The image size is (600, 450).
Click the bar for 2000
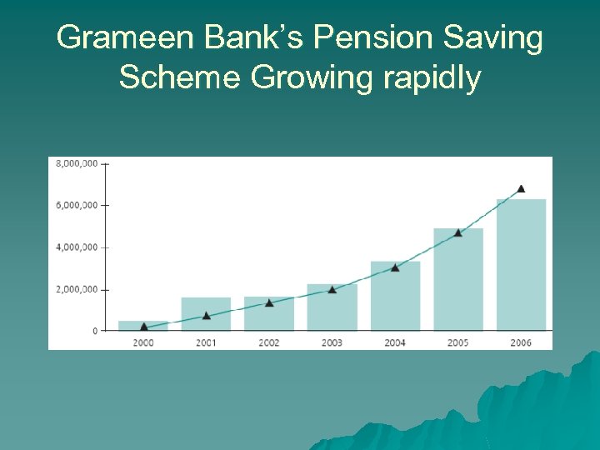click(143, 326)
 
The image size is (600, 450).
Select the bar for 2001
click(206, 314)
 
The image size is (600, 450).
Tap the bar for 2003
click(332, 307)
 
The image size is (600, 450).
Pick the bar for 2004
click(395, 296)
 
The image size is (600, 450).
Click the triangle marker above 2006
click(521, 189)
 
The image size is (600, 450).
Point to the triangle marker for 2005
click(457, 232)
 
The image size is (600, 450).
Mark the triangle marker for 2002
click(269, 302)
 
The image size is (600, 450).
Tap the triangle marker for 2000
click(143, 327)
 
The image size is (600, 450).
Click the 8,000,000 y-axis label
click(77, 163)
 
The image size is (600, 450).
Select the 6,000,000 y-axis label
click(77, 205)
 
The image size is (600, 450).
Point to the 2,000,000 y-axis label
click(77, 289)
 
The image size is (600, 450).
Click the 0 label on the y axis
click(94, 331)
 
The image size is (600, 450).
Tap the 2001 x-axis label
click(206, 342)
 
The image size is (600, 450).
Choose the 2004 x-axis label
click(395, 342)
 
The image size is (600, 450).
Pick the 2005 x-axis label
click(457, 342)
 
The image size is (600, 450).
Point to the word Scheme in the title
click(180, 77)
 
